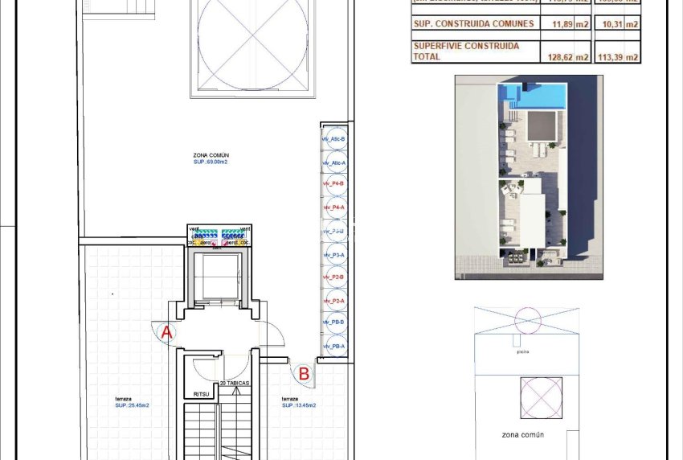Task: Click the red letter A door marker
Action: pos(166,331)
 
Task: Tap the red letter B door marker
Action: pos(304,373)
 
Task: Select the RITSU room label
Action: pos(201,393)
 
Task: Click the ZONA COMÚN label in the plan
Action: pos(211,154)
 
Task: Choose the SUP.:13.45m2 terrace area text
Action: pos(298,405)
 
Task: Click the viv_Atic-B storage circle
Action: pos(334,139)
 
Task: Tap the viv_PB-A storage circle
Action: pos(334,347)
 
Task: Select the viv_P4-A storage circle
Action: pos(334,208)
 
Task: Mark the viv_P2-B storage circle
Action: pos(334,277)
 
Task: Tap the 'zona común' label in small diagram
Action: pos(523,434)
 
